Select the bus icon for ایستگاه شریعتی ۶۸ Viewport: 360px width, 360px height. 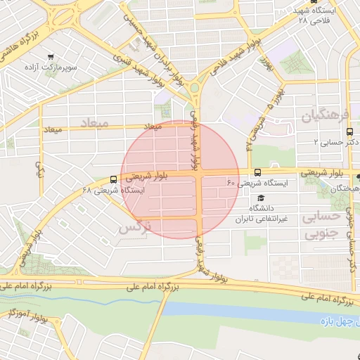(113, 179)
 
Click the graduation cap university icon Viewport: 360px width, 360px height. (261, 198)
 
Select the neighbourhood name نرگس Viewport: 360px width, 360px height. (135, 229)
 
